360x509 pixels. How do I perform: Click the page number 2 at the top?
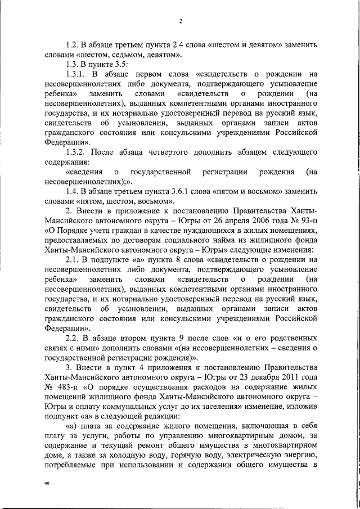tap(180, 22)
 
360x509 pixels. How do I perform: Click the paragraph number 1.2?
tap(73, 44)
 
